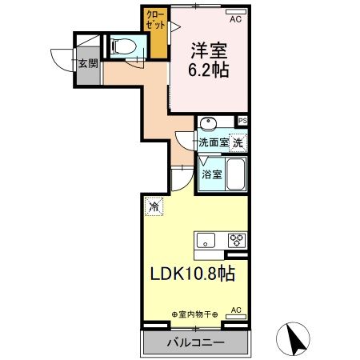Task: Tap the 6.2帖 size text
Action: [209, 70]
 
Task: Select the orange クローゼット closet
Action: [155, 32]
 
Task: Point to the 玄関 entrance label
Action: [88, 63]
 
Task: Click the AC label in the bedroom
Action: [236, 18]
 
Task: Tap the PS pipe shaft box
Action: [242, 120]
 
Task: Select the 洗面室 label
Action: [214, 142]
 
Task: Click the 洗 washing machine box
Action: [239, 142]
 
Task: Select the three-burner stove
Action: [238, 239]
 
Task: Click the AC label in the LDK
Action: [236, 309]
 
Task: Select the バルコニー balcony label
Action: [194, 342]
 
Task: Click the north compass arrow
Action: [294, 338]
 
